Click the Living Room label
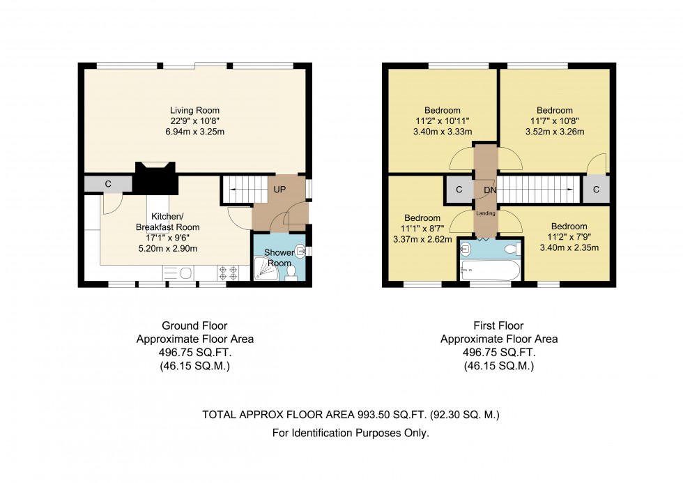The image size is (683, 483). [194, 111]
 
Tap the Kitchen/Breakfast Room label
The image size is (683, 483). [168, 222]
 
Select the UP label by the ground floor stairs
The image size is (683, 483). [279, 190]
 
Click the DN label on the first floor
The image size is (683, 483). [490, 190]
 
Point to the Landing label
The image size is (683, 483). [485, 213]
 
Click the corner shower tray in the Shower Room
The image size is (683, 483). [266, 268]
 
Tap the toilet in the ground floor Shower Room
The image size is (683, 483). [291, 273]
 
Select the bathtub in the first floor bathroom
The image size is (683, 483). [491, 270]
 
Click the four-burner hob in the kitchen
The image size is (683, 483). [229, 273]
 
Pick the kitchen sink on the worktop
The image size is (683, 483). [178, 273]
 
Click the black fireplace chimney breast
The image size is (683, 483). [155, 178]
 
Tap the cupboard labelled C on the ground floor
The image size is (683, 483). [107, 184]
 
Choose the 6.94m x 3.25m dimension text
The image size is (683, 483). [194, 132]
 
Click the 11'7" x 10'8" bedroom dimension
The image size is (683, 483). [555, 121]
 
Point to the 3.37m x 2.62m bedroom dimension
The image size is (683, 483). [422, 239]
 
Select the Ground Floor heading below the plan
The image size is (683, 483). [194, 325]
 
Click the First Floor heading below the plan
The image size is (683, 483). [499, 325]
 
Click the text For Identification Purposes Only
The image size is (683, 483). [351, 433]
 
